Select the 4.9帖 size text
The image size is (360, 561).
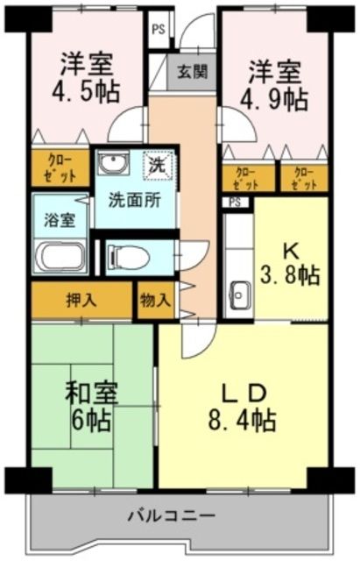click(x=276, y=98)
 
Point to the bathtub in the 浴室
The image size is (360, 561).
click(x=60, y=259)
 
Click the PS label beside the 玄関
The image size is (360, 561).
click(x=158, y=29)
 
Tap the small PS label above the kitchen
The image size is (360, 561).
click(x=233, y=202)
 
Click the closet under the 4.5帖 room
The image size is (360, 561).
click(x=60, y=168)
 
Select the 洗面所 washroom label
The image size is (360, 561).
click(x=134, y=199)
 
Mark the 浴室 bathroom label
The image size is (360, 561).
click(x=60, y=219)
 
